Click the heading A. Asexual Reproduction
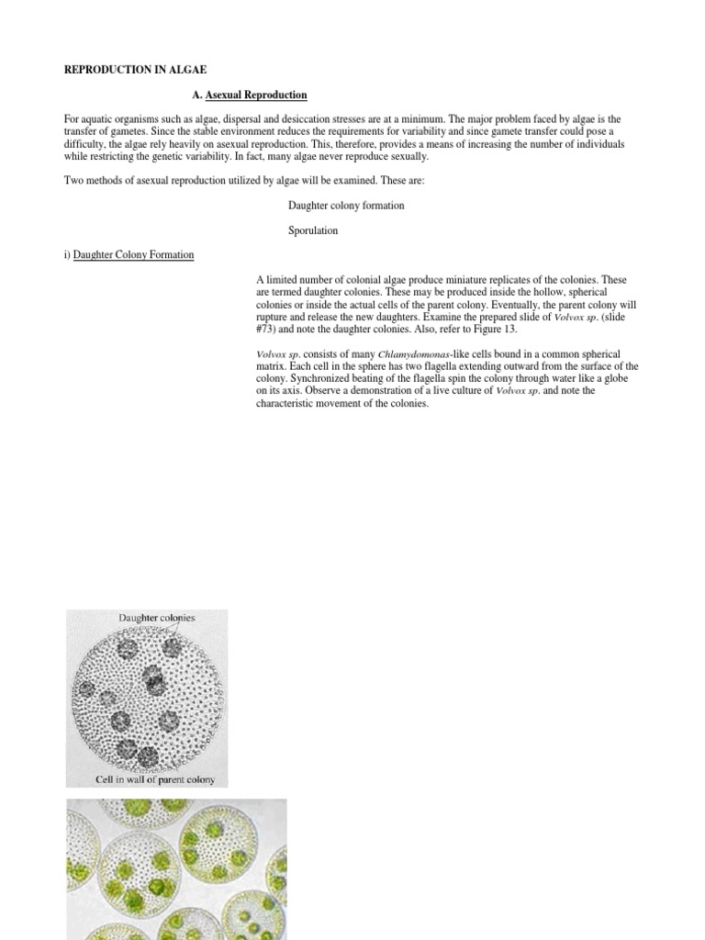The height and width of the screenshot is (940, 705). pos(250,95)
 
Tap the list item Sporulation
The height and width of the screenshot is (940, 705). pos(313,230)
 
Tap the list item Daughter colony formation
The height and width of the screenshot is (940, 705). pos(346,206)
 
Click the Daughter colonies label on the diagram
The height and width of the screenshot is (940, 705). pos(156,618)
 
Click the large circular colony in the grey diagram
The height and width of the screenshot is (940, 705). pos(147,700)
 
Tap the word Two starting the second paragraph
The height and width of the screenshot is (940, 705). pos(73,181)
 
